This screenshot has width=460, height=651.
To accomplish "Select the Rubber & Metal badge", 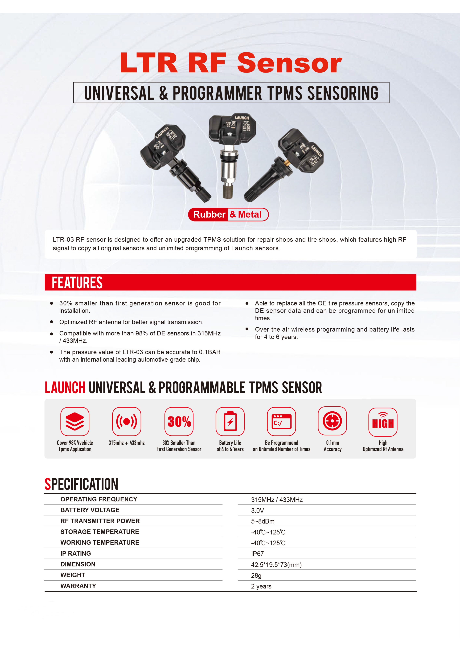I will click(228, 214).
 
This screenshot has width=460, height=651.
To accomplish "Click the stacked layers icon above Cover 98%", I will click(75, 421).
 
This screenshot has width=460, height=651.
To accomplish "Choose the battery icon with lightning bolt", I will click(230, 421).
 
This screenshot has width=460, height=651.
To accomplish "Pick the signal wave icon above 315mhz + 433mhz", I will click(127, 421).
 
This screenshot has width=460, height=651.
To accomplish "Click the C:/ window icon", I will click(281, 421).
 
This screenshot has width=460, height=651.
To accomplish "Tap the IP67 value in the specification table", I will click(257, 554).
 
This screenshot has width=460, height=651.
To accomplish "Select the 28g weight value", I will click(256, 576).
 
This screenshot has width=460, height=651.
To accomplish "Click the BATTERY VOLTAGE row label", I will click(90, 510).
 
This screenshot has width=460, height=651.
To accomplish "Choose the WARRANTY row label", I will click(78, 586).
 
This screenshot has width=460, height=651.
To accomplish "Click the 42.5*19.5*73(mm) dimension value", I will click(276, 565).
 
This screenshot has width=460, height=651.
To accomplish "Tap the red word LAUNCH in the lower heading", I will click(65, 388).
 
